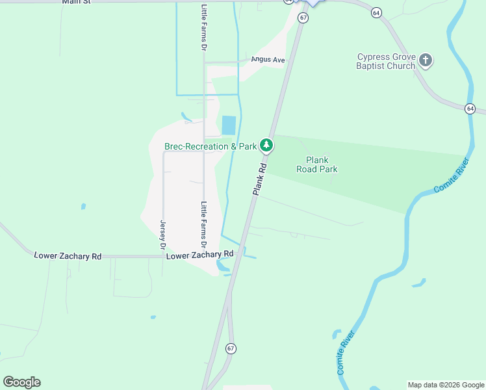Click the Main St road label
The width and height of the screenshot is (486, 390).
tap(77, 2)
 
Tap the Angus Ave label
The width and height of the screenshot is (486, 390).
tap(269, 60)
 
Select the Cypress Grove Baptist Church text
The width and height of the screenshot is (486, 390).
tap(386, 61)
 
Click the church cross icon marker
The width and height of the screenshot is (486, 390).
tap(426, 60)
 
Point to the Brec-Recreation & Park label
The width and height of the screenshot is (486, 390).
tap(211, 147)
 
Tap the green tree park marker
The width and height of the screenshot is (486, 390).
tap(265, 145)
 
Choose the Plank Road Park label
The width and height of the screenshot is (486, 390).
tap(322, 164)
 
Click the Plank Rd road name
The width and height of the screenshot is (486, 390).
tap(259, 178)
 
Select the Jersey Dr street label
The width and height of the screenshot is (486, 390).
tap(163, 235)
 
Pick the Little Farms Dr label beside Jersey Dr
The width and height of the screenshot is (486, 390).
tap(203, 226)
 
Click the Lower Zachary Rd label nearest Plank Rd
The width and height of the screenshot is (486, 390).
tap(199, 255)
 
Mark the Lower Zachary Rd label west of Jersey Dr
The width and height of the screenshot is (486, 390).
tap(68, 256)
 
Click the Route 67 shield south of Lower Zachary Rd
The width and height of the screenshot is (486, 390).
tap(231, 348)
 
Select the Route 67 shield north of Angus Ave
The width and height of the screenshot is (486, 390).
tap(303, 18)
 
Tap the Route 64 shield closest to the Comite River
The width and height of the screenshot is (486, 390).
tap(469, 108)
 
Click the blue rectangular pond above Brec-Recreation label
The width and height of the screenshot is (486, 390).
tap(229, 125)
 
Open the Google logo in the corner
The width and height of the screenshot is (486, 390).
tap(21, 382)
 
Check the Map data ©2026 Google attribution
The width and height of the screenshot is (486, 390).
tap(446, 385)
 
